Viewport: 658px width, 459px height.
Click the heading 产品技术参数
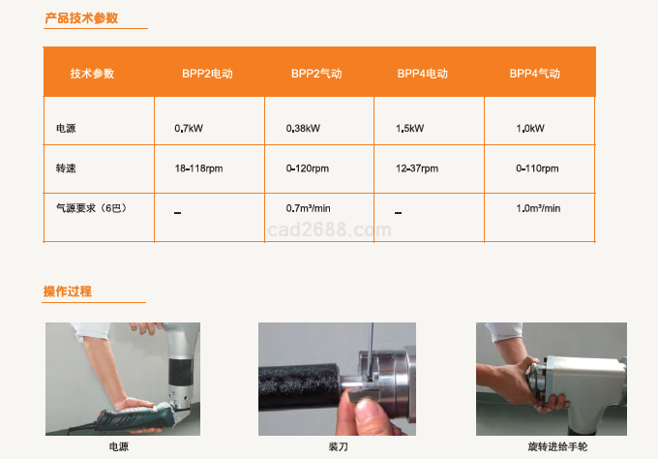coord(81,18)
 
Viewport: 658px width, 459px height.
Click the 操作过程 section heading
coord(68,291)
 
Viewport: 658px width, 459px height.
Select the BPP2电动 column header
coord(207,74)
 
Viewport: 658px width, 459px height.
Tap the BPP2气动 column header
coord(316,74)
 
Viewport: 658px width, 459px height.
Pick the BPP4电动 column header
coord(423,74)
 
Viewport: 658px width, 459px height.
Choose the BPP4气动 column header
coord(534,74)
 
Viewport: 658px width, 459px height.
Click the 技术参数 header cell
coord(92,74)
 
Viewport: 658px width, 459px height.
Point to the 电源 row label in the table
coord(66,128)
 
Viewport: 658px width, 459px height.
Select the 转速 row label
coord(66,168)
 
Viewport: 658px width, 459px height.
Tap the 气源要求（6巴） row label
coord(92,208)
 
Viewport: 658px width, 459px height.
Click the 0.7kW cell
coord(189,128)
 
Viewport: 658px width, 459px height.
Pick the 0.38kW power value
coord(303,128)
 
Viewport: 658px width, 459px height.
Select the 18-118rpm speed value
coord(199,168)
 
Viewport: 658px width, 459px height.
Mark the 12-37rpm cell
coord(417,168)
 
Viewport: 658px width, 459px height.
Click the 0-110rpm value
coord(537,168)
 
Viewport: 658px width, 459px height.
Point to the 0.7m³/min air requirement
coord(309,208)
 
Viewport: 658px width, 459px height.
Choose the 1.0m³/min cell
coord(538,208)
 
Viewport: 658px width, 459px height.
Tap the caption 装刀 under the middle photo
coord(339,446)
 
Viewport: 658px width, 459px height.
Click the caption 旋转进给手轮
coord(557,446)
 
